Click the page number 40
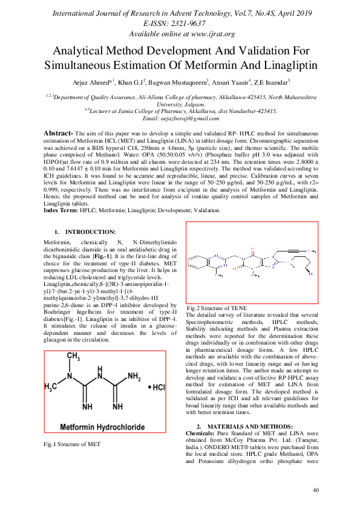pos(315,490)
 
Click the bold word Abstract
pos(57,132)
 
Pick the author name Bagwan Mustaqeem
pos(178,82)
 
